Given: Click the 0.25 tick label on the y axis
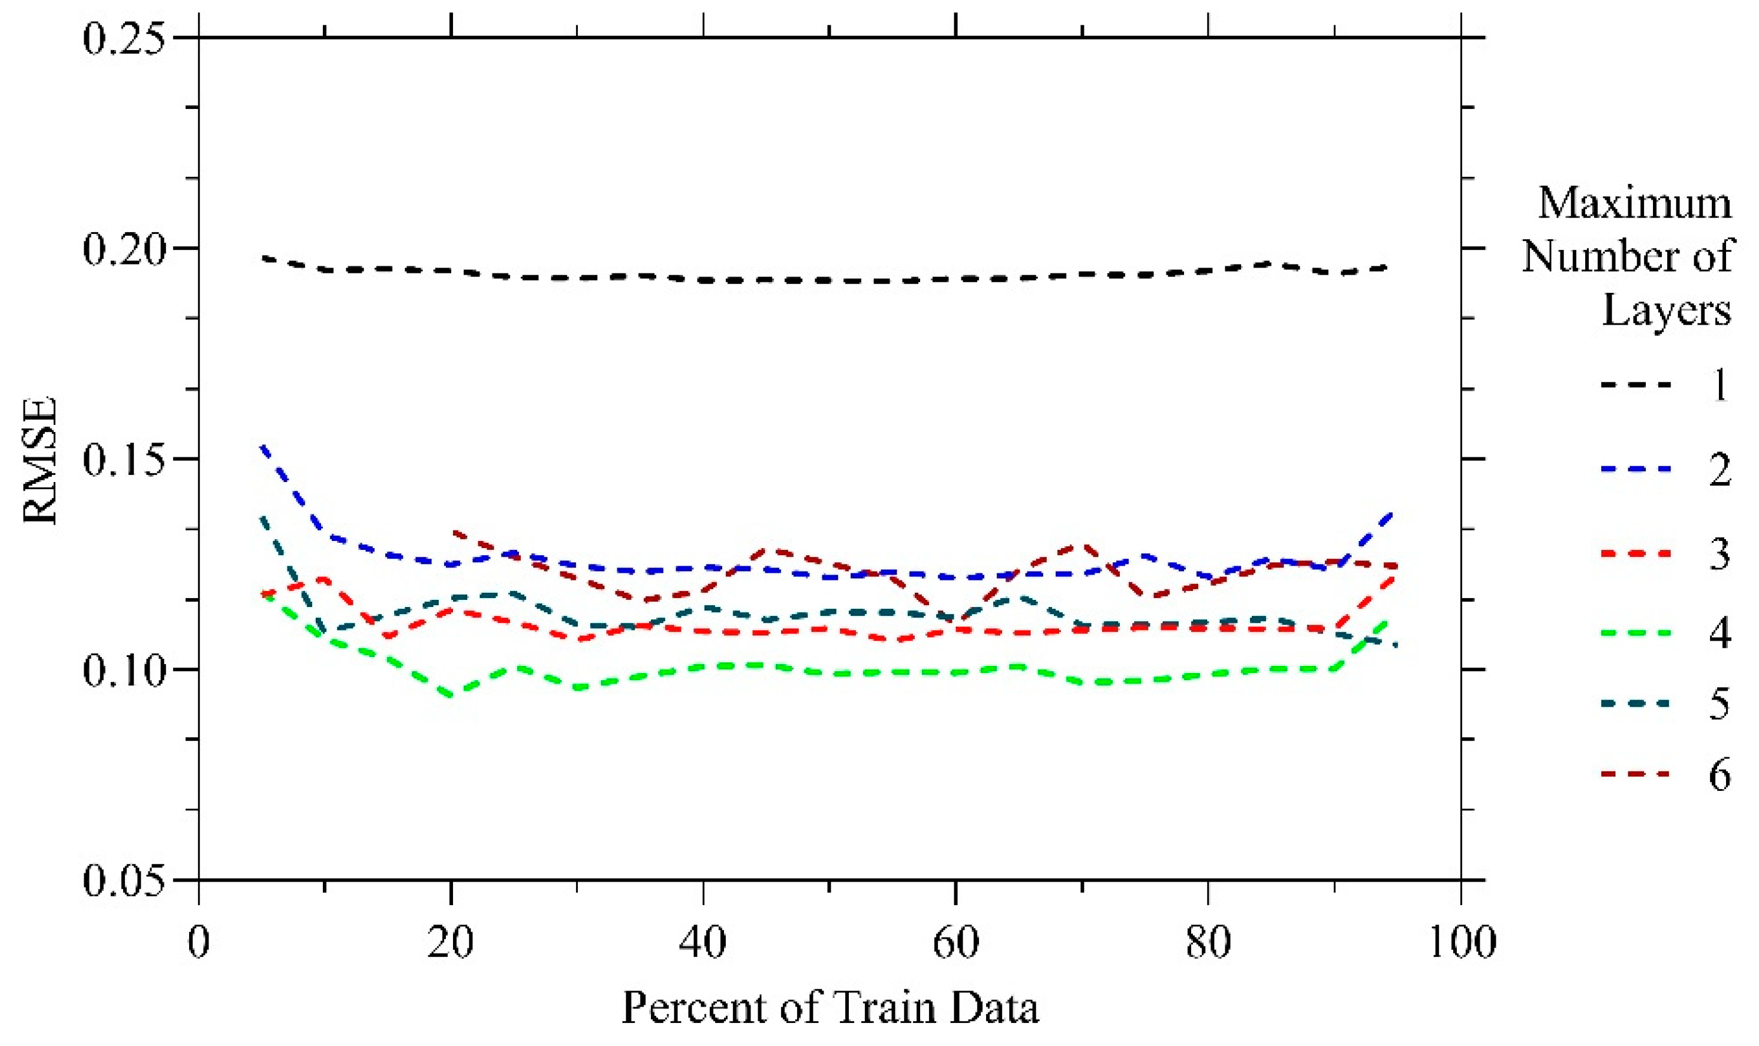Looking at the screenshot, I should click(x=124, y=38).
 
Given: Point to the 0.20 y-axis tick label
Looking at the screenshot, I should click(x=124, y=249).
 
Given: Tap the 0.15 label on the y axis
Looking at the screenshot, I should click(x=124, y=460).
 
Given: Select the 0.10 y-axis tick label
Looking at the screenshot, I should click(x=124, y=669).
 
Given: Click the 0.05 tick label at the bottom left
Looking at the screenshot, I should click(x=124, y=880).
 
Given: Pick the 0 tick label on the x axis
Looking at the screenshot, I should click(x=199, y=942).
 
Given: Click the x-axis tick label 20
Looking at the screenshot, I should click(x=451, y=942).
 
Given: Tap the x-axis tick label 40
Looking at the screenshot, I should click(x=702, y=942).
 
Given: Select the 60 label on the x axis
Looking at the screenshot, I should click(x=955, y=942).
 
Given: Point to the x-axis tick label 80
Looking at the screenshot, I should click(x=1208, y=942).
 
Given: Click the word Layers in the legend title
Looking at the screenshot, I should click(x=1666, y=310).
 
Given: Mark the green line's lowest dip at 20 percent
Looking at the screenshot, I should click(x=451, y=696).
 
